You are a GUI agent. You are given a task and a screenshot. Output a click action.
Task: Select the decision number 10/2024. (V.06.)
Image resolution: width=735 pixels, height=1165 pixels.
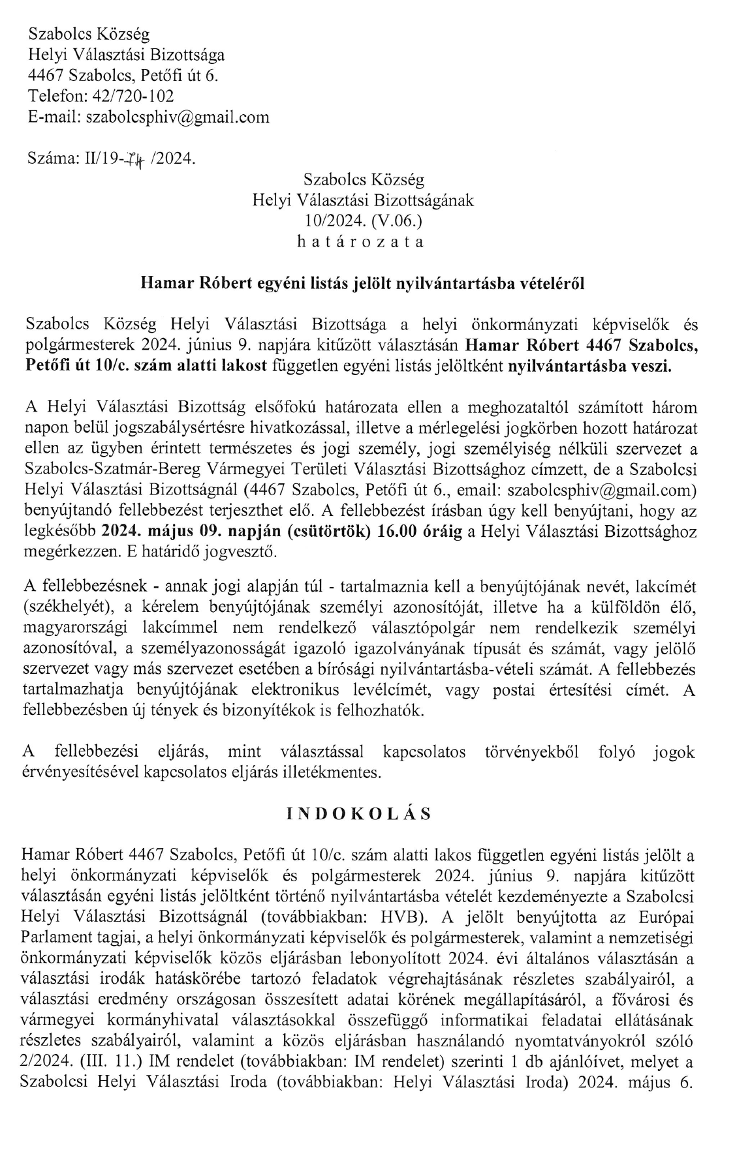(363, 221)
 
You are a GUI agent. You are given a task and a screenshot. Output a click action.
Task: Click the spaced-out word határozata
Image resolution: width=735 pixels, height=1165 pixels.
(363, 241)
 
